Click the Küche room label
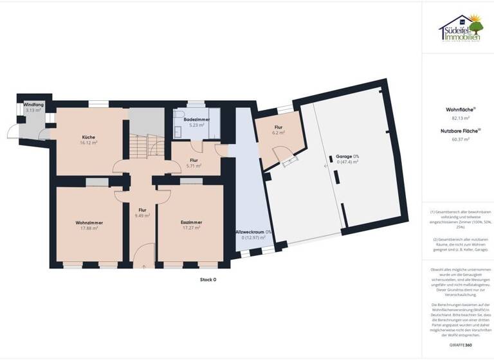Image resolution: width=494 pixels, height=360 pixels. click(x=89, y=137)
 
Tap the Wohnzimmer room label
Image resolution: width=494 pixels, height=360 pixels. click(x=89, y=222)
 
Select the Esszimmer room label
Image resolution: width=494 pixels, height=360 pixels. click(x=191, y=222)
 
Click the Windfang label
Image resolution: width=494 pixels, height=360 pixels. click(x=33, y=104)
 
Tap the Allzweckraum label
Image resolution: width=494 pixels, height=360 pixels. click(x=253, y=232)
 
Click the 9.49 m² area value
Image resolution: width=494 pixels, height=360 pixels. click(x=142, y=215)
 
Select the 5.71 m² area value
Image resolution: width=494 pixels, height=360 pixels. click(x=194, y=166)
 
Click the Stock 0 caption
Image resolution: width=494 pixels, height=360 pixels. click(x=207, y=280)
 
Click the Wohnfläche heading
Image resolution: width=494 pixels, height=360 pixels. click(x=457, y=110)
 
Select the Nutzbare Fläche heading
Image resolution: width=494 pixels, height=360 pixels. click(x=457, y=130)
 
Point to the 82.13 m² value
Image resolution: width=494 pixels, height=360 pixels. click(x=457, y=118)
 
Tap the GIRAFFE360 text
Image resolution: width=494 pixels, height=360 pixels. click(x=457, y=345)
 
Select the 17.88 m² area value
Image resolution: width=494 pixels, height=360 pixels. click(x=89, y=228)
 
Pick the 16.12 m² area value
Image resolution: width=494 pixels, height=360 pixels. click(x=89, y=143)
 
